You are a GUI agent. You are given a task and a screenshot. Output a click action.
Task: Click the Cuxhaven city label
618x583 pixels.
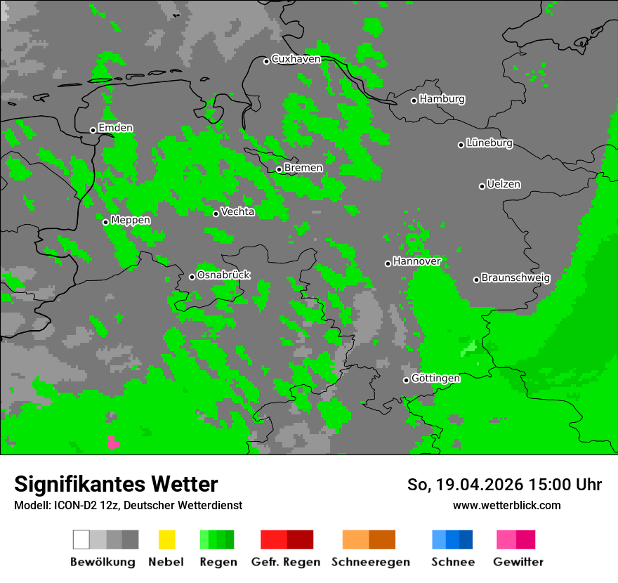296,59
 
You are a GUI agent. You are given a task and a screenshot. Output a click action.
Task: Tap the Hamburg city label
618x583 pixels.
442,99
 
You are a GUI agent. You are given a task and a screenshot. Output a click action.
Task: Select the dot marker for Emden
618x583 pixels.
93,130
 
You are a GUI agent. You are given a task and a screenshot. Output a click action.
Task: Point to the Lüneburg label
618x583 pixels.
489,143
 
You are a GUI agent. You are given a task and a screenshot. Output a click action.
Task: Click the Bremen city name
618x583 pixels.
303,168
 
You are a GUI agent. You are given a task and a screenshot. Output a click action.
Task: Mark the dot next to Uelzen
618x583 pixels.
482,186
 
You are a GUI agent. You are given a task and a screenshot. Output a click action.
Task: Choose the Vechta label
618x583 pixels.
237,211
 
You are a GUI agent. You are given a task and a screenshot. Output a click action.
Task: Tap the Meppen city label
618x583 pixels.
131,220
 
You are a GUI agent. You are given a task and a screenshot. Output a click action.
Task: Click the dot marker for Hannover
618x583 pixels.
388,263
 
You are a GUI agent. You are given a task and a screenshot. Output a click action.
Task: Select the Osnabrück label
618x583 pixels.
223,275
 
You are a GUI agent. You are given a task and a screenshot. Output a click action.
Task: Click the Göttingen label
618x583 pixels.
435,379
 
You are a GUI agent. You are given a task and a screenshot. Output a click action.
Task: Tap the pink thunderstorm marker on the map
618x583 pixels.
113,443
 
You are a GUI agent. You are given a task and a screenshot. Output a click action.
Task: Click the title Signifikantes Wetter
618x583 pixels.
116,484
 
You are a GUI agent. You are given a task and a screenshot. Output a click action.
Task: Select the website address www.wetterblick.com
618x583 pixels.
506,505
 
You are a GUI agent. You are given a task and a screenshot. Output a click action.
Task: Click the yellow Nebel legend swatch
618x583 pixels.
166,539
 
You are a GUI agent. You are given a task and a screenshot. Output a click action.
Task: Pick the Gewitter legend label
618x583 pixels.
518,562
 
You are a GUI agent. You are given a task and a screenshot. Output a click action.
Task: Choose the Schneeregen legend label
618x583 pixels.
370,562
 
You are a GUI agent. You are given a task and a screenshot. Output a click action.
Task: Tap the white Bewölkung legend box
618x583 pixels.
81,539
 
